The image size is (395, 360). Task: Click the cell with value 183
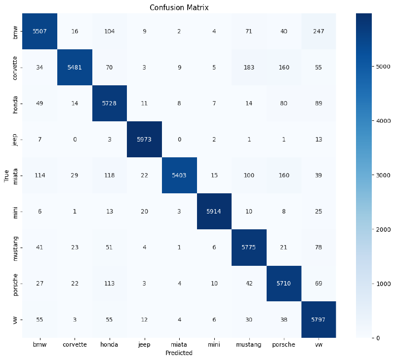tap(249, 68)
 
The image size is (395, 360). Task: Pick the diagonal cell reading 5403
tap(180, 175)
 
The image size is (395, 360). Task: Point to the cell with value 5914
tap(214, 211)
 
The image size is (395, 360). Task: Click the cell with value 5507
tap(39, 32)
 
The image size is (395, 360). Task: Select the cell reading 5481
tap(74, 68)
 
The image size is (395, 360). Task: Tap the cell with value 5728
tap(110, 104)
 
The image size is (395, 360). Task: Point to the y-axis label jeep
tap(16, 139)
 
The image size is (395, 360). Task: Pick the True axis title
tap(7, 175)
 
